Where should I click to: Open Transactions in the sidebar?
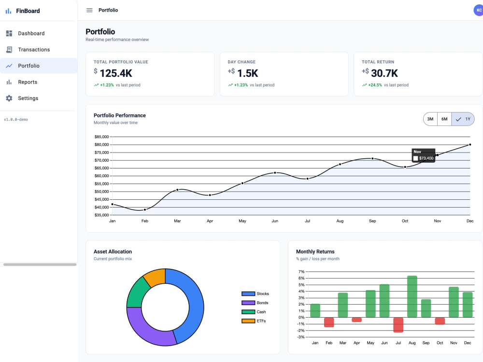[x=34, y=50]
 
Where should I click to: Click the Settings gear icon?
[x=9, y=98]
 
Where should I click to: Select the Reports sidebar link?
[x=28, y=82]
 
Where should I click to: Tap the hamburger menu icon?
[x=89, y=10]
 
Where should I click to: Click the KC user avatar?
[x=478, y=10]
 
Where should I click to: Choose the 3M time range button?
[x=430, y=119]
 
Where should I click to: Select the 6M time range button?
[x=444, y=119]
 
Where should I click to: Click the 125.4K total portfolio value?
[x=116, y=73]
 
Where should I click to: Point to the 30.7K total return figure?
[x=384, y=73]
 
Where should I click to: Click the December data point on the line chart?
[x=470, y=144]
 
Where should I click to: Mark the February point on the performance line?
[x=145, y=209]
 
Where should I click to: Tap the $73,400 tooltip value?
[x=426, y=158]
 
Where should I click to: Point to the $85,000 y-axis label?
[x=101, y=137]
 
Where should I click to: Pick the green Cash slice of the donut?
[x=137, y=293]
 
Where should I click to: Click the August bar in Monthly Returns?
[x=412, y=296]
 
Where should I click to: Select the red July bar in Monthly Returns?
[x=398, y=325]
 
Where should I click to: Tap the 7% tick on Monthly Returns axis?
[x=301, y=271]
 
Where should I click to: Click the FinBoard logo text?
[x=28, y=11]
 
